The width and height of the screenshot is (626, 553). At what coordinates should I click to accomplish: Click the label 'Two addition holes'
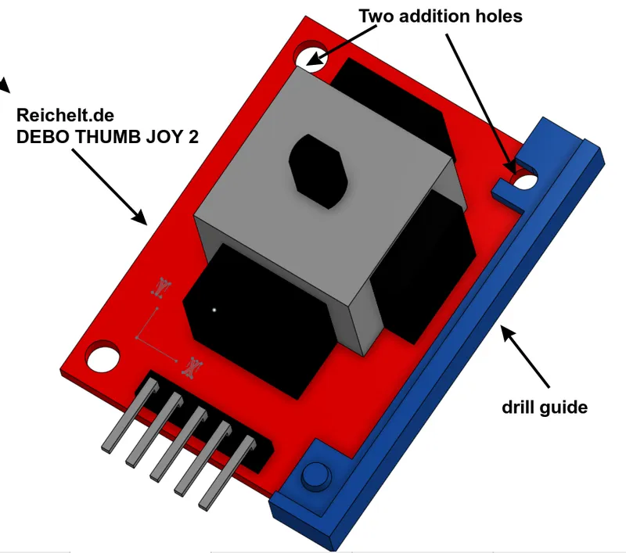point(440,15)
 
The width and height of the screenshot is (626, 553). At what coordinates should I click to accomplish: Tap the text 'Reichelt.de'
point(66,117)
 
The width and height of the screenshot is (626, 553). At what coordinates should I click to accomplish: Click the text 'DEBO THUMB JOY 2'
point(107,137)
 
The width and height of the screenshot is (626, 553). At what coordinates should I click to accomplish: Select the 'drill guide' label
point(544,407)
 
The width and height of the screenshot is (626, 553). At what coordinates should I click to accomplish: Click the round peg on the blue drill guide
point(316,475)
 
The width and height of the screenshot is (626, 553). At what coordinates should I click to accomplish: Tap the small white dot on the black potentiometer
point(212,310)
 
